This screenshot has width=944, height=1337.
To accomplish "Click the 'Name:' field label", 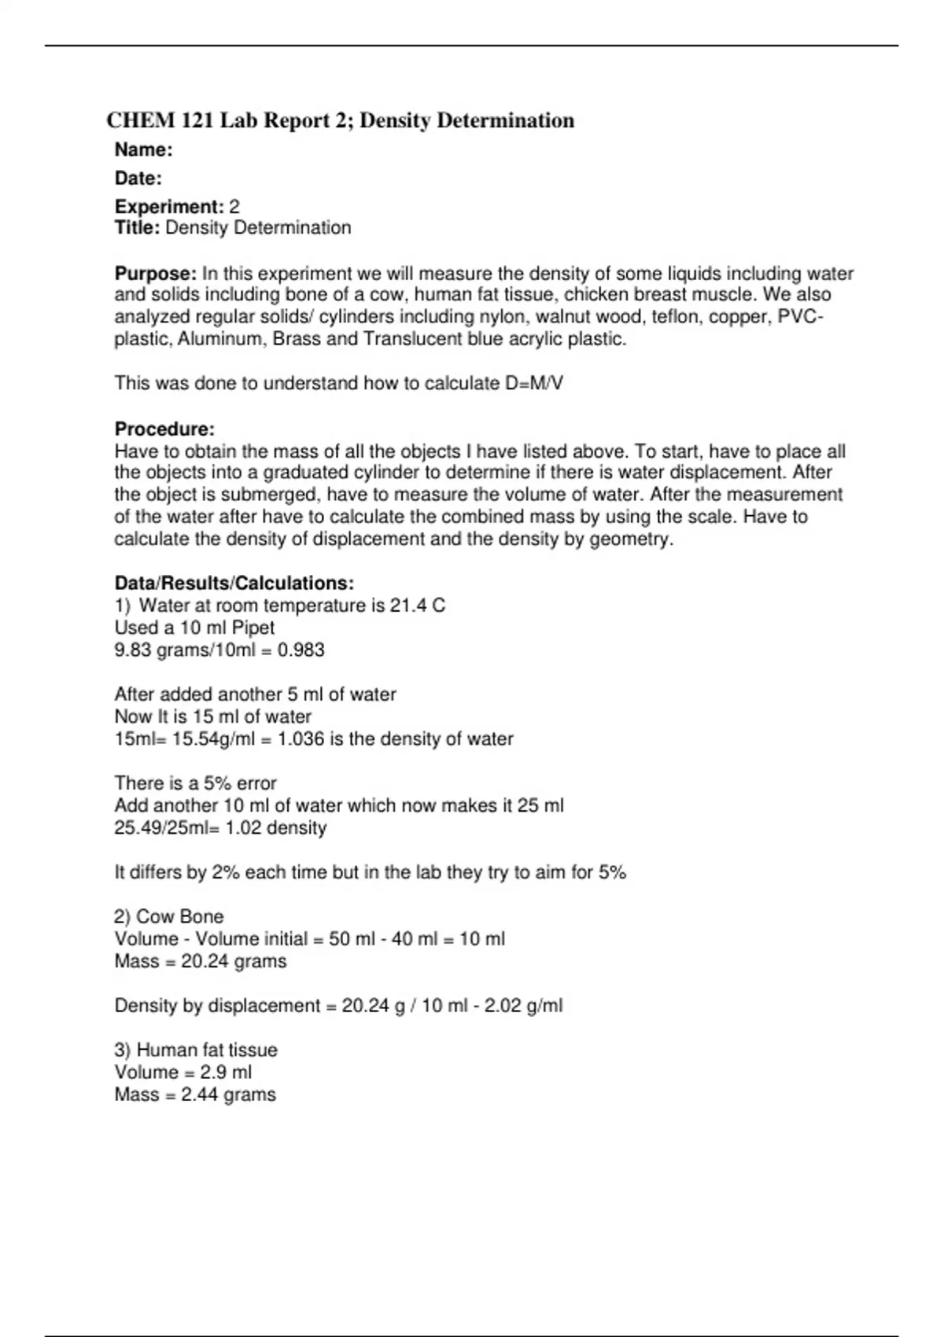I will (x=143, y=149).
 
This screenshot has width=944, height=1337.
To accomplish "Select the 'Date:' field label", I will (x=138, y=179).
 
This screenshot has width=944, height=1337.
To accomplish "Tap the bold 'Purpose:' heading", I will (x=155, y=274).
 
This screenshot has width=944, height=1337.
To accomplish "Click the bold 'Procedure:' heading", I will (x=164, y=429).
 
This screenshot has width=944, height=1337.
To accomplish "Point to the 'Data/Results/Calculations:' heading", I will (x=234, y=584).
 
